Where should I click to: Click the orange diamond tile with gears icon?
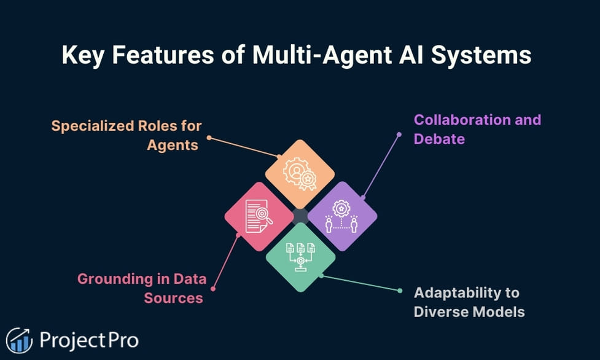(x=300, y=174)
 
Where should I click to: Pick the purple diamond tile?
(x=341, y=216)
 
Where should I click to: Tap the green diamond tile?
(x=300, y=257)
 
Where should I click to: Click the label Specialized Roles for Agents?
(x=127, y=136)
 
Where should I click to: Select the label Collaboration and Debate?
(x=477, y=129)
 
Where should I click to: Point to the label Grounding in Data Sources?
(x=139, y=288)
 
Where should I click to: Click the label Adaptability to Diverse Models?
(x=469, y=302)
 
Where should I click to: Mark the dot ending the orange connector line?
(x=209, y=138)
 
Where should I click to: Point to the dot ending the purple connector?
(x=399, y=134)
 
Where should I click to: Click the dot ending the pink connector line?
(x=213, y=288)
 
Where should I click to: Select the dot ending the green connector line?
(x=399, y=291)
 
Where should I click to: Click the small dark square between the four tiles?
(x=300, y=216)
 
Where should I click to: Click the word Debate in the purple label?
(x=439, y=139)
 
